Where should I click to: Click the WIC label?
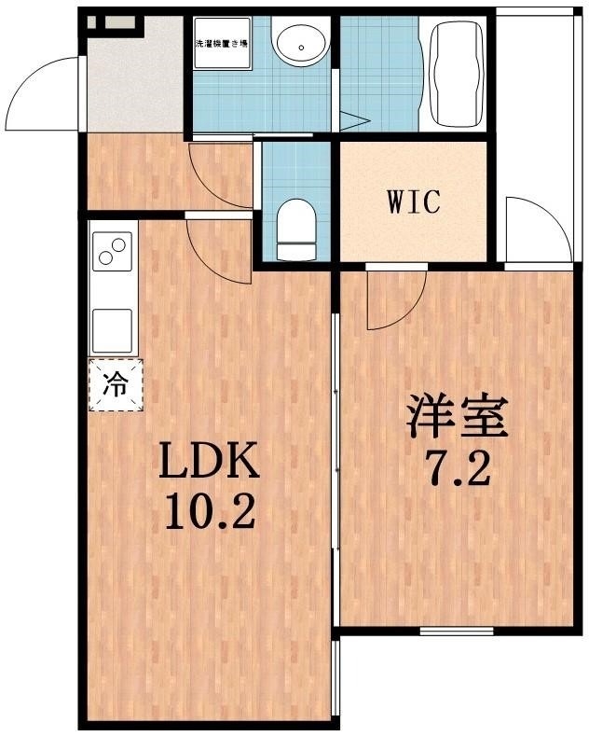pos(414,202)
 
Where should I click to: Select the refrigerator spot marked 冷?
pos(116,383)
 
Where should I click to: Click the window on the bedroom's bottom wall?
pos(456,631)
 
